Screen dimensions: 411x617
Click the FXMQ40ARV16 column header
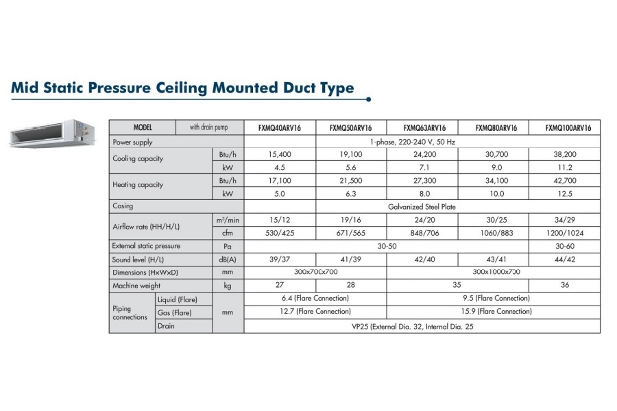click(x=279, y=128)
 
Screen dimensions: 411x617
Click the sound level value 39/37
click(x=279, y=260)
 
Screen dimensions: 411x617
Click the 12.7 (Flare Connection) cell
click(x=315, y=311)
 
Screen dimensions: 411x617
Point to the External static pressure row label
click(x=146, y=245)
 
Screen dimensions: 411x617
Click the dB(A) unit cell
click(x=228, y=260)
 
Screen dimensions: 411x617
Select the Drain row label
click(x=166, y=326)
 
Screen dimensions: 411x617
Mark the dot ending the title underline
click(x=369, y=99)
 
